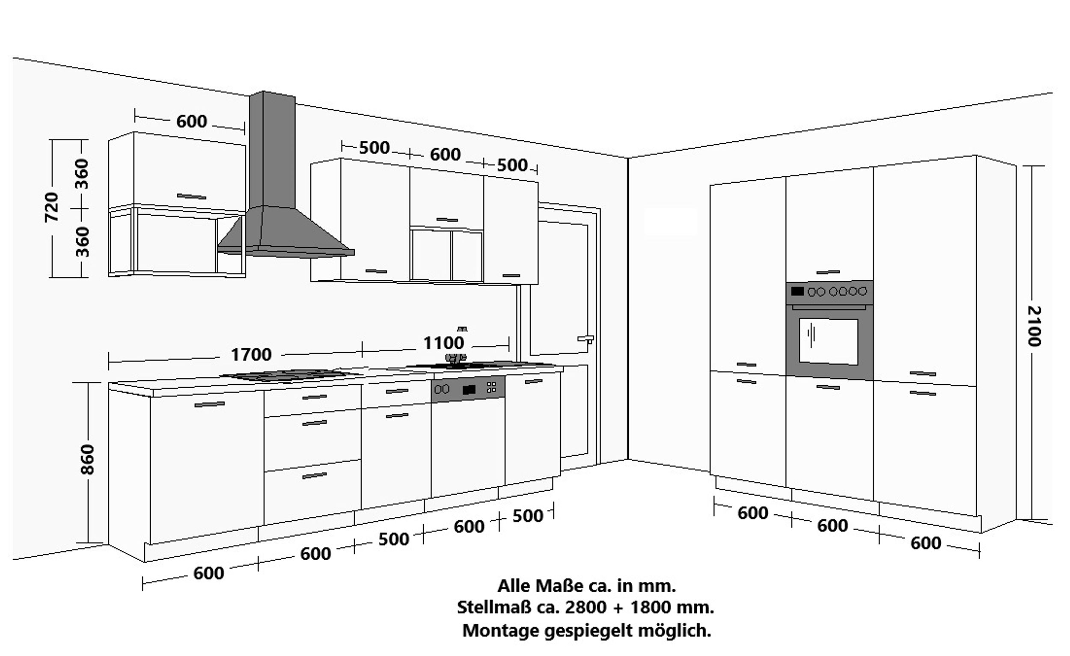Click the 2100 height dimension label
(x=1034, y=326)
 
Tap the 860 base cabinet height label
(x=88, y=459)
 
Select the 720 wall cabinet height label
(x=51, y=207)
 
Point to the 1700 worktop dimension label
(x=251, y=355)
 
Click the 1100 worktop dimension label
(x=443, y=343)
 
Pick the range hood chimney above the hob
(x=272, y=150)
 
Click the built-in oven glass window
(x=828, y=341)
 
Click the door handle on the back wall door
(x=586, y=338)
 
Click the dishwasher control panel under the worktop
(x=468, y=388)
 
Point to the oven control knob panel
(x=829, y=292)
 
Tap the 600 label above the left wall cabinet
(x=191, y=122)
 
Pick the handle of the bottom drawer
(x=315, y=476)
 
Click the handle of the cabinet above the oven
(x=828, y=272)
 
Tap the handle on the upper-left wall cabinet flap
(x=191, y=197)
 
